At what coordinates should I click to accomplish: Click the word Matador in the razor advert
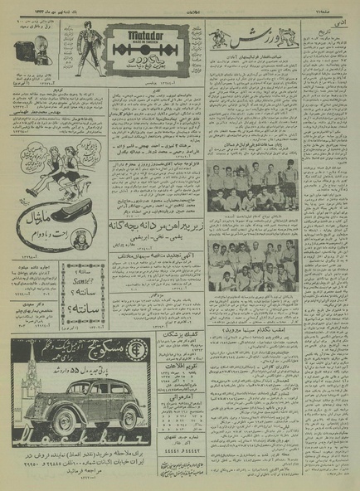point(148,36)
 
